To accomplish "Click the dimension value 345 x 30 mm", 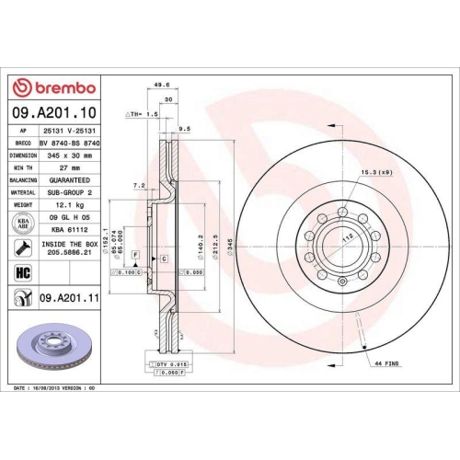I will click(x=73, y=155).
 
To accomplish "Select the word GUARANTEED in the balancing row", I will click(x=73, y=179).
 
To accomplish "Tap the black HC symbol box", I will click(x=23, y=273).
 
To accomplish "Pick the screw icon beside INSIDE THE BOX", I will click(x=23, y=247).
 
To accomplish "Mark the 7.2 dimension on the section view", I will click(x=139, y=185).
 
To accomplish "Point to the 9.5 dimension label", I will click(x=184, y=130).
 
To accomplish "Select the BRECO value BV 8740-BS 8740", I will click(x=73, y=144).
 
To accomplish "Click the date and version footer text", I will click(x=57, y=389).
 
